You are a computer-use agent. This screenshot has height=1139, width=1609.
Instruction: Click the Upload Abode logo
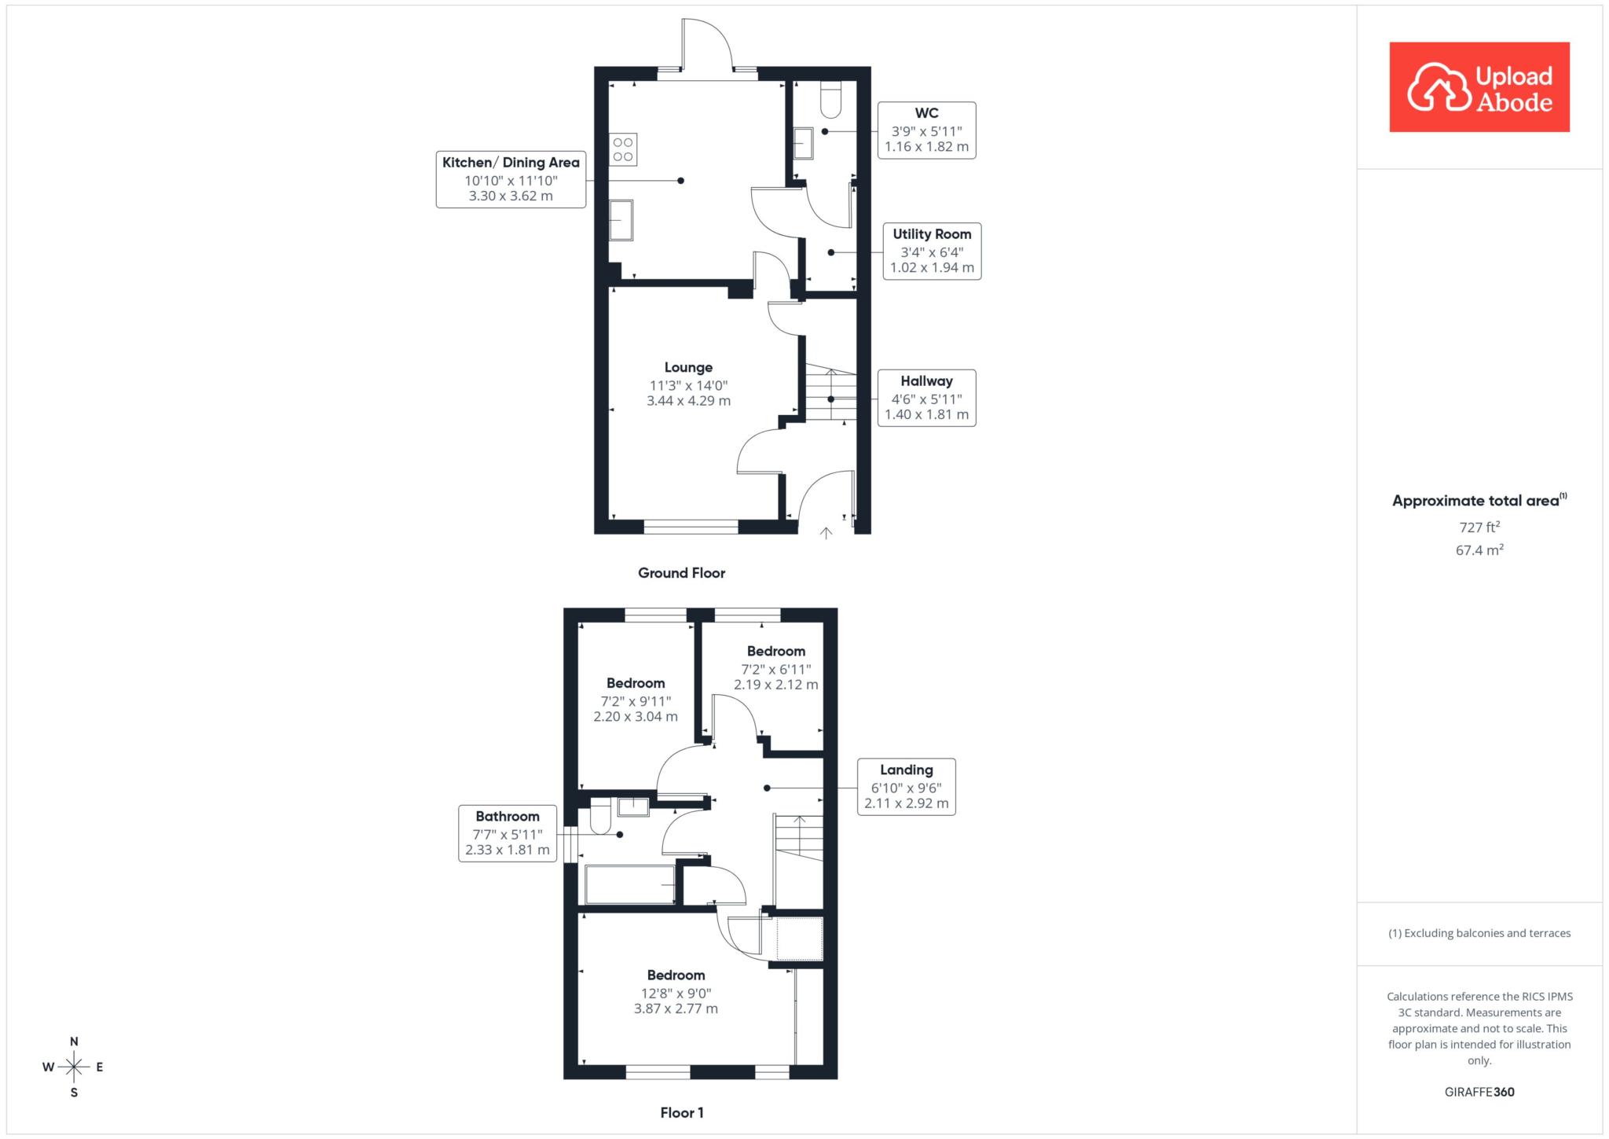coord(1479,87)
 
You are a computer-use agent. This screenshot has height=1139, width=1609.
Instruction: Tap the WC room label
coord(926,130)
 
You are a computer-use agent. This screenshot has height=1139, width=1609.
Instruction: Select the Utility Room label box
coord(932,251)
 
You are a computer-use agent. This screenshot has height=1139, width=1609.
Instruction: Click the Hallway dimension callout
coord(926,398)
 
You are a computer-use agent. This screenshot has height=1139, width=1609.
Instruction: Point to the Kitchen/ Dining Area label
coord(511,179)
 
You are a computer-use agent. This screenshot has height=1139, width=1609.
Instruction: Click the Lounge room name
coord(688,367)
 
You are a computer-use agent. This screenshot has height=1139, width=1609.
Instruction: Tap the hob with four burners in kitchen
coord(623,149)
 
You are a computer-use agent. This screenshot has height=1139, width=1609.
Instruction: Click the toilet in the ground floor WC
coord(830,99)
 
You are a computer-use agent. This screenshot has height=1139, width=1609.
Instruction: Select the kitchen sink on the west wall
coord(621,220)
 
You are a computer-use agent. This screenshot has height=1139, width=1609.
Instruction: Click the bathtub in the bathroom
coord(630,885)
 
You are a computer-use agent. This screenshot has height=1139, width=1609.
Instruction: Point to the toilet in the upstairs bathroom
coord(600,817)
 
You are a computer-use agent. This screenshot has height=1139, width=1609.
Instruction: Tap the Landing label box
coord(906,787)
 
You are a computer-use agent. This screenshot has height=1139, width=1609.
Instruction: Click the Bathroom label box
coord(508,833)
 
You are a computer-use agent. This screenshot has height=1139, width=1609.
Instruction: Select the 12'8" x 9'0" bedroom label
coord(676,992)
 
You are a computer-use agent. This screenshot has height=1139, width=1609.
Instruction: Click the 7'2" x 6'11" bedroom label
coord(776,668)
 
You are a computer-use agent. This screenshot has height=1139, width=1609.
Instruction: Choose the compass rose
coord(74,1067)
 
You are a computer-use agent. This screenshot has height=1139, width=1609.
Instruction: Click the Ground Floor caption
coord(681,573)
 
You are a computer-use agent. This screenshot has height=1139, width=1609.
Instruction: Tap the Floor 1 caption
coord(682,1112)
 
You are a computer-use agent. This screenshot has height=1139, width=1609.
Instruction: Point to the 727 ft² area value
coord(1479,527)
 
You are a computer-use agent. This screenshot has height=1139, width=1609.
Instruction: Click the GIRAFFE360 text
coord(1479,1092)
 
